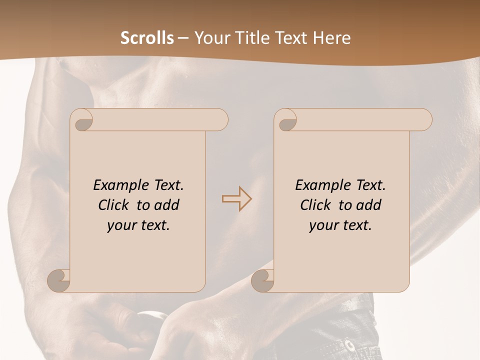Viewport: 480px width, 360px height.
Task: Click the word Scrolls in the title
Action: click(x=147, y=38)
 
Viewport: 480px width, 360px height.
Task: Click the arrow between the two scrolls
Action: click(x=237, y=198)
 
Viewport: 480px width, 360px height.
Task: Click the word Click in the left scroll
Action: click(x=113, y=205)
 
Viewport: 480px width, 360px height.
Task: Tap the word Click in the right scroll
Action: click(x=315, y=205)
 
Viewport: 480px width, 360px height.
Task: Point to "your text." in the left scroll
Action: click(x=138, y=225)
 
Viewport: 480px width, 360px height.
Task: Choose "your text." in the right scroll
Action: click(x=340, y=225)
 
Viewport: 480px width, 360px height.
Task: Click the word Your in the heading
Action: click(x=210, y=38)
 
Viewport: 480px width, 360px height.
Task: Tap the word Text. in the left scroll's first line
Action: click(x=166, y=185)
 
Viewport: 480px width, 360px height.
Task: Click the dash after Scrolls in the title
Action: click(x=183, y=38)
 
